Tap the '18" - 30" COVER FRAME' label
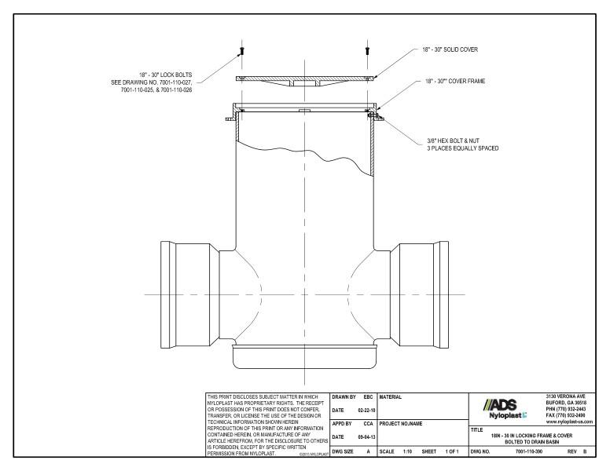(x=450, y=82)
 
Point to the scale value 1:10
(x=407, y=453)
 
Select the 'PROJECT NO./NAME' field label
(x=401, y=423)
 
